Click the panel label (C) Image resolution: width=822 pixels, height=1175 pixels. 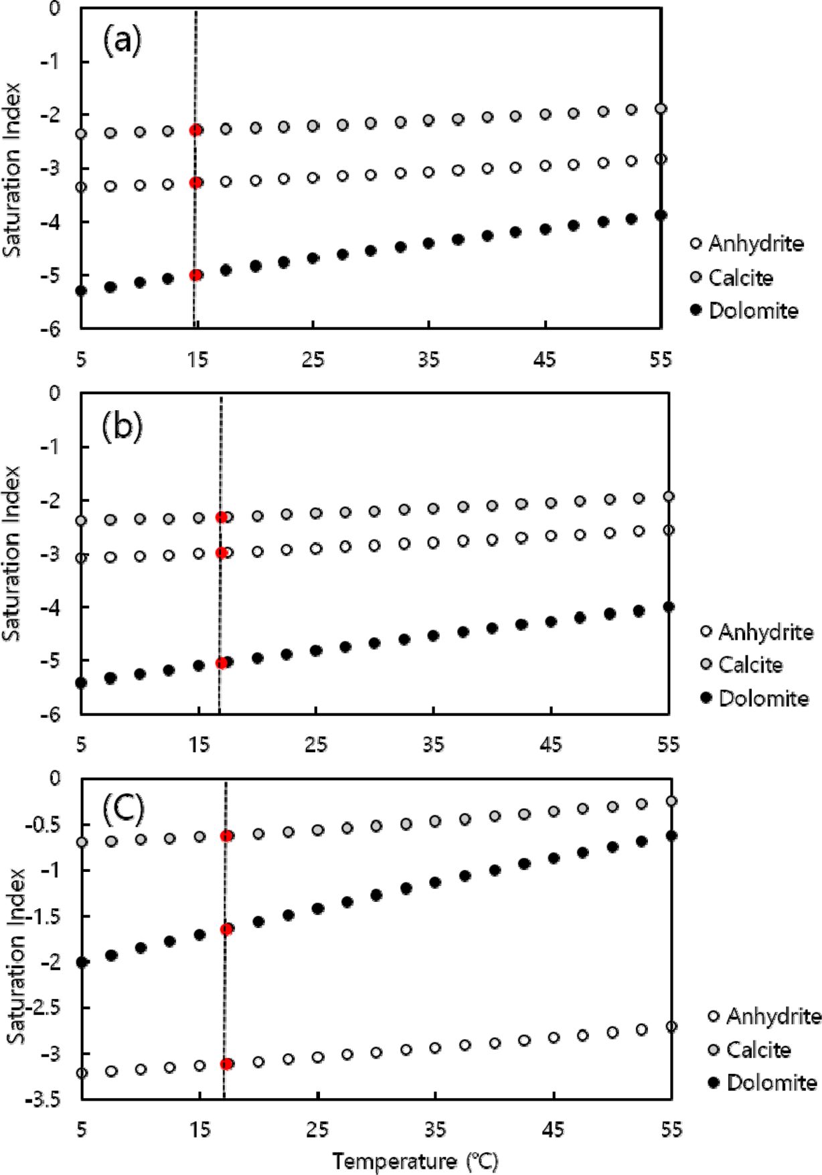123,808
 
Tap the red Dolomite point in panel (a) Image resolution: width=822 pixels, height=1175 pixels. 195,275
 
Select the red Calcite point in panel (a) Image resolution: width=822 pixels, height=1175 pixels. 195,130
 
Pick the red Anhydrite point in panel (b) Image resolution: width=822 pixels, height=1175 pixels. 222,553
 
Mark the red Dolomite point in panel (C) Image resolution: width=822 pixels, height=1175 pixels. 226,929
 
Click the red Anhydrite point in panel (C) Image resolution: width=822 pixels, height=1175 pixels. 226,1064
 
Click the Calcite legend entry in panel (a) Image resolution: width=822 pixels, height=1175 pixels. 732,277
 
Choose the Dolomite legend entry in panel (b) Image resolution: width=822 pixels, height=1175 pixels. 755,699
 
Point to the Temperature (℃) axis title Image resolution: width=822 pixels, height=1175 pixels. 415,1161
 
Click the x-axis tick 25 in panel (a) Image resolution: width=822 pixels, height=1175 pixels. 313,360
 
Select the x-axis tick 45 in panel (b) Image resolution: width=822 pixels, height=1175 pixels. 551,744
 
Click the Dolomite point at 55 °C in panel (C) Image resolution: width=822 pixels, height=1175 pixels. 671,836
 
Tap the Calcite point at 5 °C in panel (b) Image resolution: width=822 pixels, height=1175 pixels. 81,521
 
